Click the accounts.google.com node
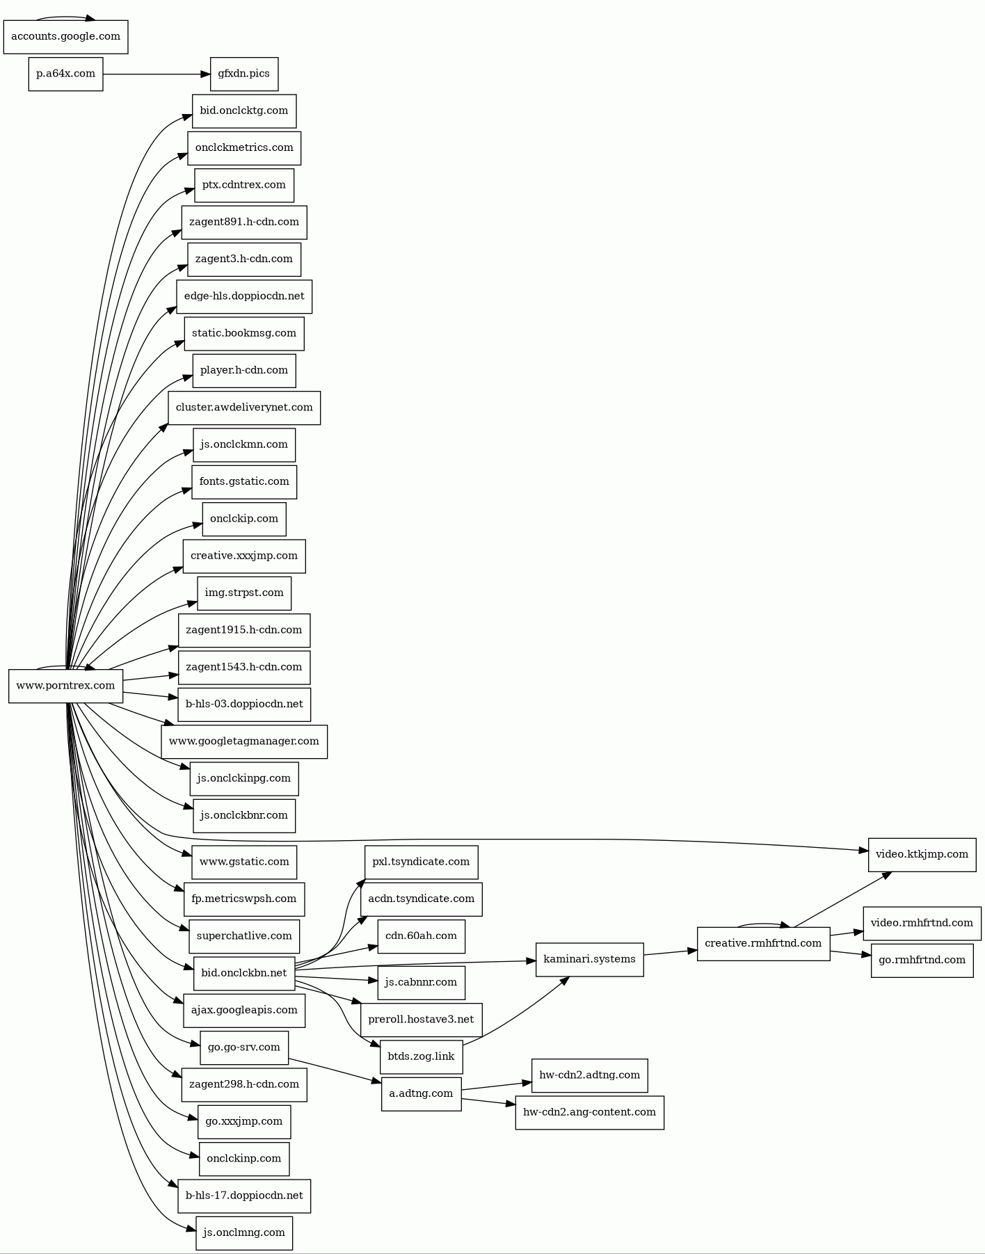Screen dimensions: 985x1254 pyautogui.click(x=65, y=37)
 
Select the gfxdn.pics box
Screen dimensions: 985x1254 pyautogui.click(x=244, y=74)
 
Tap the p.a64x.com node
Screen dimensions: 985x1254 pyautogui.click(x=65, y=74)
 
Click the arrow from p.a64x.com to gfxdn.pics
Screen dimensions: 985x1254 pyautogui.click(x=157, y=74)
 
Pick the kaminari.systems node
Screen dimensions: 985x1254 pyautogui.click(x=589, y=960)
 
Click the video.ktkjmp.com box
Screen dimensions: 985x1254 pyautogui.click(x=922, y=855)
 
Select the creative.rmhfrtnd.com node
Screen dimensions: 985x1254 pyautogui.click(x=763, y=944)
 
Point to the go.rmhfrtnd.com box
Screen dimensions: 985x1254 pyautogui.click(x=922, y=960)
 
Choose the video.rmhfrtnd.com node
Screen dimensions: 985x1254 pyautogui.click(x=922, y=924)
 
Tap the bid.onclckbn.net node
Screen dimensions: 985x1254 pyautogui.click(x=244, y=973)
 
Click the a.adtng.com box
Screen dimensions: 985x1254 pyautogui.click(x=421, y=1094)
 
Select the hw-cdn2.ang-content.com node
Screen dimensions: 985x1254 pyautogui.click(x=589, y=1113)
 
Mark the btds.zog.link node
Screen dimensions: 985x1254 pyautogui.click(x=421, y=1057)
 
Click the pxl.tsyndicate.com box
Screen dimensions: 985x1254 pyautogui.click(x=421, y=862)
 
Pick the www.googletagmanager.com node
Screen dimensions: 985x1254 pyautogui.click(x=244, y=741)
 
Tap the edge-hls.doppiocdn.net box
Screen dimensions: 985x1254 pyautogui.click(x=244, y=296)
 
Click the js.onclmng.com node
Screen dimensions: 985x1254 pyautogui.click(x=244, y=1233)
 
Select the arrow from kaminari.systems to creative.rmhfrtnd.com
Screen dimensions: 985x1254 pyautogui.click(x=671, y=952)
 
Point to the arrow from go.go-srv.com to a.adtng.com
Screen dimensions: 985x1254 pyautogui.click(x=335, y=1070)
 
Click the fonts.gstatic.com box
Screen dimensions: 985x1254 pyautogui.click(x=244, y=482)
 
